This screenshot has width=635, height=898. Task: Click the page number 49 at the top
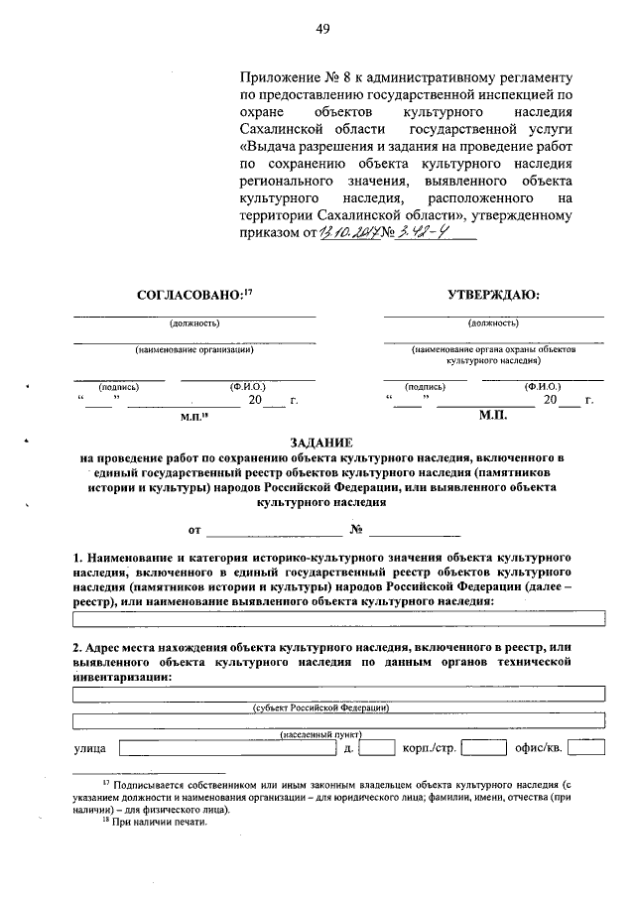(x=322, y=29)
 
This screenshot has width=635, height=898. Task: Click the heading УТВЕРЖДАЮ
(x=493, y=294)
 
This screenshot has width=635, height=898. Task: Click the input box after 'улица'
(x=227, y=746)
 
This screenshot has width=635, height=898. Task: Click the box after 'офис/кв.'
(x=586, y=746)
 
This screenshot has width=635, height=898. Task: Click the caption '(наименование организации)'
(x=194, y=349)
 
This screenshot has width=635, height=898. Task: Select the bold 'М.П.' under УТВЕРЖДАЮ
(x=492, y=418)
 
